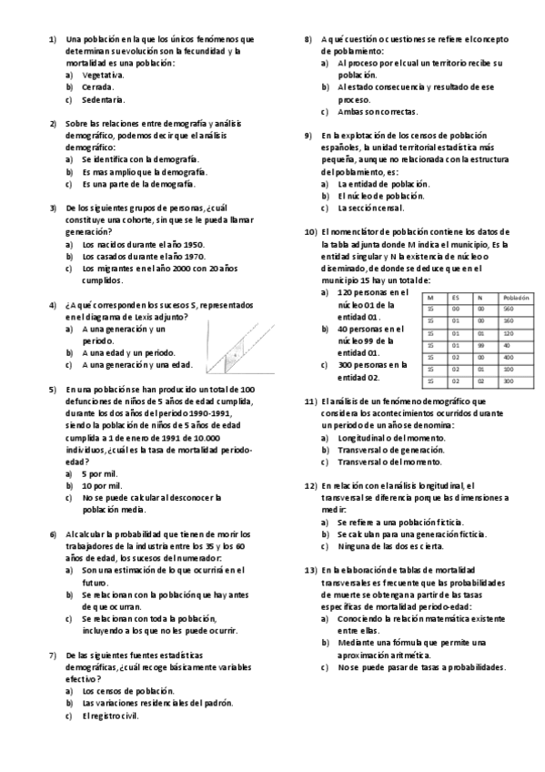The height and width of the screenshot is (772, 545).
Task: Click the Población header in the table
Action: click(x=515, y=298)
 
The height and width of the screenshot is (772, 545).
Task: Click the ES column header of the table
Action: click(x=458, y=298)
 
